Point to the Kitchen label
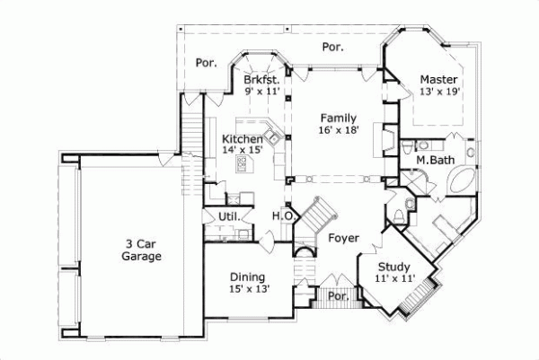(243, 139)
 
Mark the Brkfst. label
(262, 79)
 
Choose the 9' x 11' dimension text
(262, 91)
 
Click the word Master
(439, 79)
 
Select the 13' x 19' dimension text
(439, 91)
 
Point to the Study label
(393, 267)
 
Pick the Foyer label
(343, 238)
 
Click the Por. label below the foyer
(338, 294)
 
